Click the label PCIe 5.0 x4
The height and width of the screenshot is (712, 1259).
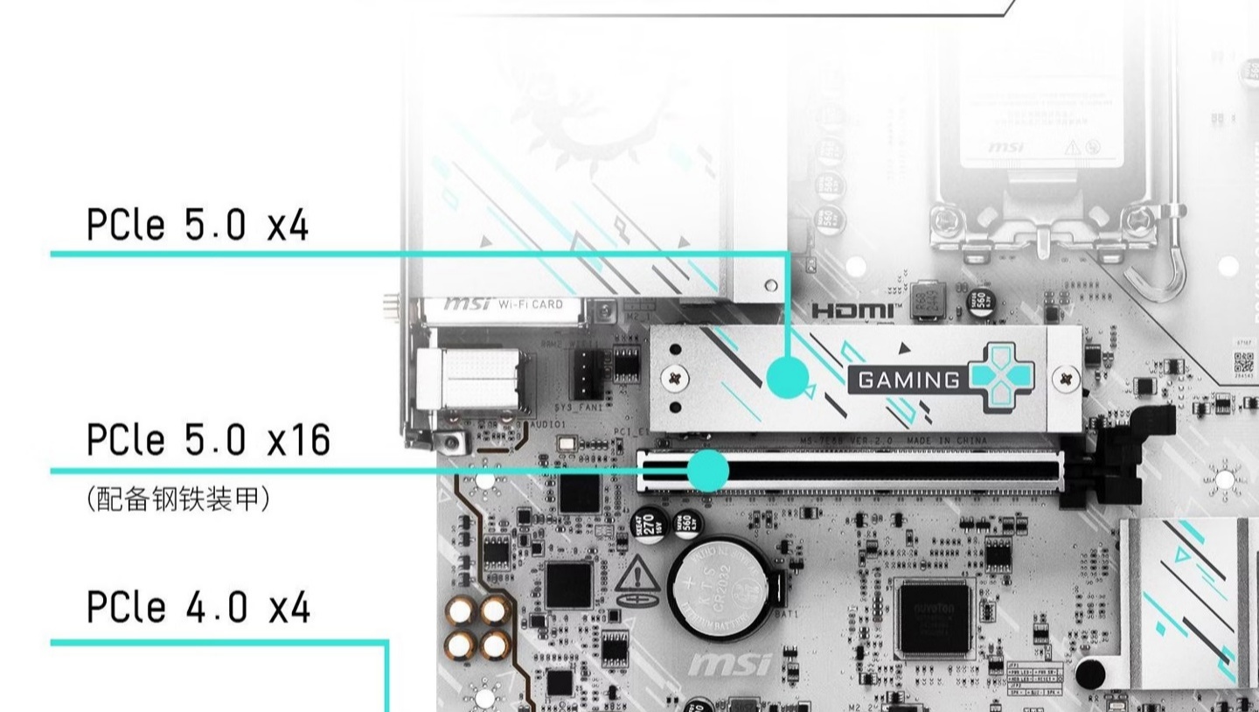(x=198, y=225)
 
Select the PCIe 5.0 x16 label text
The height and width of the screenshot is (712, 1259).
(x=208, y=439)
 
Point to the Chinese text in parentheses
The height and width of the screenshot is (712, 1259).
(x=178, y=499)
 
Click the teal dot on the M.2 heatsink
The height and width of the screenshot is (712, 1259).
(x=788, y=378)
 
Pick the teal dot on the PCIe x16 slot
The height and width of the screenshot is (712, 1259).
(x=707, y=471)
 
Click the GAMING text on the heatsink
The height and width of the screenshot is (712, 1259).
(x=908, y=380)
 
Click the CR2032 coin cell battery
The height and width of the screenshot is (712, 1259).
(x=720, y=584)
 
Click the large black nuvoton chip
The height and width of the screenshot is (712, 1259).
(x=934, y=618)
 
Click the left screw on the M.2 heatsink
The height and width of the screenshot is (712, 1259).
(x=674, y=378)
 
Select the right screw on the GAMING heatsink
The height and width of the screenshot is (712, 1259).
(x=1065, y=379)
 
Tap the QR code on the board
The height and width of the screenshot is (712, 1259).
(x=1244, y=362)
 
